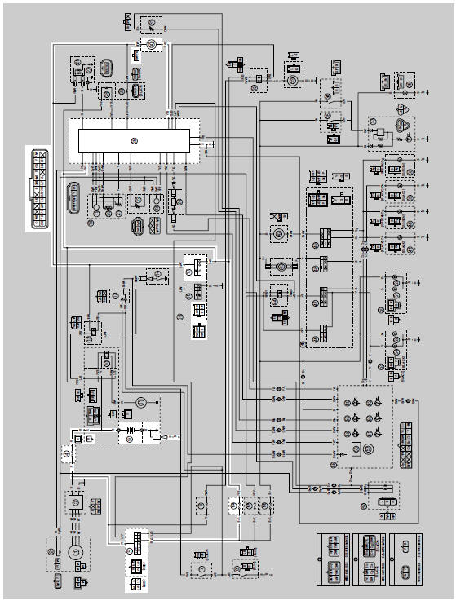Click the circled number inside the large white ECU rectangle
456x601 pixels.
[135, 140]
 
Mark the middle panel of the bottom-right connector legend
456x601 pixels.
[372, 559]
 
